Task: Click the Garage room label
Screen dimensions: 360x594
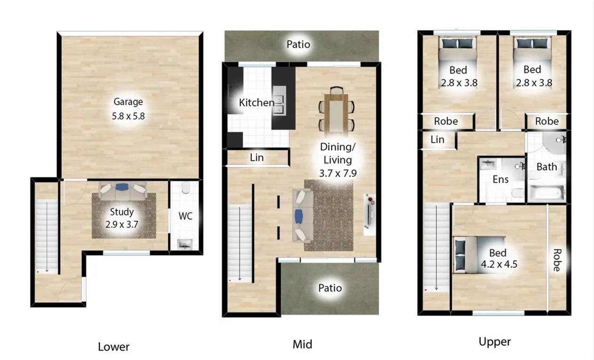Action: (x=128, y=102)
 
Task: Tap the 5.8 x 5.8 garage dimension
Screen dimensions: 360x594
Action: (x=128, y=116)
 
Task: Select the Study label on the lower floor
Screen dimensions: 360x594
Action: (x=122, y=212)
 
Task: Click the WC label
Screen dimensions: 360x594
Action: (x=185, y=216)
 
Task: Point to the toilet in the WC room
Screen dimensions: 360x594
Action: (x=185, y=189)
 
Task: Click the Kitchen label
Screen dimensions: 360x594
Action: (x=256, y=103)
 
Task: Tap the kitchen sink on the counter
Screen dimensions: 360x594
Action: (x=278, y=105)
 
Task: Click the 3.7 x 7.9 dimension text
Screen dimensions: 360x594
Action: (x=337, y=173)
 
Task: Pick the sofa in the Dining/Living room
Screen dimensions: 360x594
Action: (x=302, y=216)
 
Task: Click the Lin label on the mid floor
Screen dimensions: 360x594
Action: (x=257, y=158)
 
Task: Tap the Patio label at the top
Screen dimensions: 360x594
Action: (x=298, y=45)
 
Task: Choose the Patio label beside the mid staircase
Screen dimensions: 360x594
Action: (x=330, y=288)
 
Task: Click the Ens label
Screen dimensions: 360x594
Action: (x=500, y=179)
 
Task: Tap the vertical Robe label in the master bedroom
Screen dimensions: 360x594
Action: (x=557, y=260)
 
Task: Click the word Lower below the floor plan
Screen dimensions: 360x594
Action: (x=113, y=347)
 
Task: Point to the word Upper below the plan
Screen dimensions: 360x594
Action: (x=495, y=342)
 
